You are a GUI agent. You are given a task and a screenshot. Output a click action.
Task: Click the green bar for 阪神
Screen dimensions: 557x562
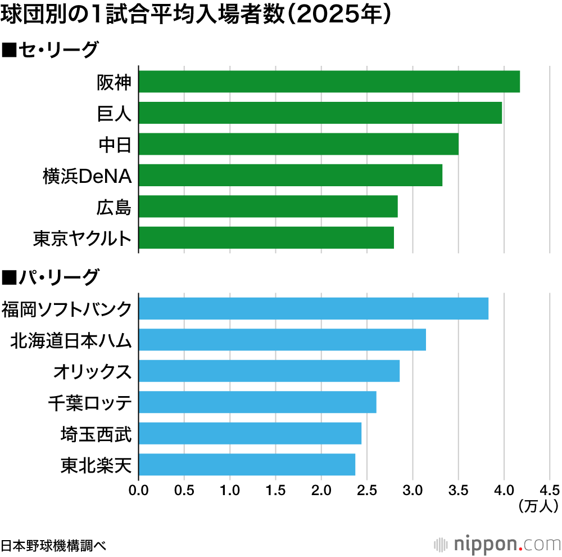[329, 82]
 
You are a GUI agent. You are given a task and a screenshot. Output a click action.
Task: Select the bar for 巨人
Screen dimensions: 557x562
[320, 113]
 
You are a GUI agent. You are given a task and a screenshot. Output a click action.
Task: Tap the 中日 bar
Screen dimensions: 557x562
[298, 144]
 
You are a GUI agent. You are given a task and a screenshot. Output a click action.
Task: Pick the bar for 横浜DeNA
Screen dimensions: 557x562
[290, 175]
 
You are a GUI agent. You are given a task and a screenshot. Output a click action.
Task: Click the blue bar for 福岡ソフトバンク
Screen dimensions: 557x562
[313, 309]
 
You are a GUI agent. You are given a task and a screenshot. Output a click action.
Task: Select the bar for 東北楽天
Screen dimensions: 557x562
[247, 465]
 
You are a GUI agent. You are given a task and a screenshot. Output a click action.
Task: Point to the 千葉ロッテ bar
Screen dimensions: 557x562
[257, 402]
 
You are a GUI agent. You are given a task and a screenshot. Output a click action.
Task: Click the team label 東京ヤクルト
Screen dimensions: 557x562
[82, 239]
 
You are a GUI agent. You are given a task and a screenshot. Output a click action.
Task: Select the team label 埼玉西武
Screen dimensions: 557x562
[96, 434]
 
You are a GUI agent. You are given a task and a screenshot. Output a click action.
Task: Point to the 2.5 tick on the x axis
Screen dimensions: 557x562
[367, 489]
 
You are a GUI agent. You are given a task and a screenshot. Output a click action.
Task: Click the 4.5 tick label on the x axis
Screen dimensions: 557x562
[549, 489]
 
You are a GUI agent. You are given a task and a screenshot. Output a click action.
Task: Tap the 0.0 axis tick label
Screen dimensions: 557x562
[138, 489]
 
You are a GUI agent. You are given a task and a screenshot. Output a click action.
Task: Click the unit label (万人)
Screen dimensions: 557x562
[538, 506]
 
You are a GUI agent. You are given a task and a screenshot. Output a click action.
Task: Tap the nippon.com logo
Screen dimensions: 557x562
[497, 544]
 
